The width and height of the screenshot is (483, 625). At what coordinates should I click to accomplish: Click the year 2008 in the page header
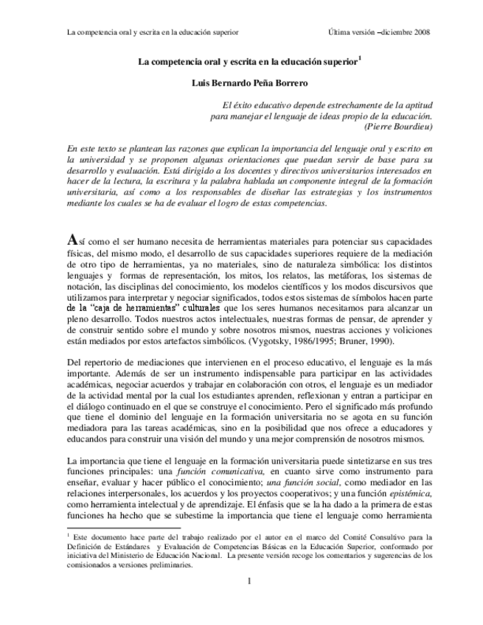coord(421,32)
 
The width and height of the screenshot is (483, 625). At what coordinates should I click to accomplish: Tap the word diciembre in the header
coord(391,32)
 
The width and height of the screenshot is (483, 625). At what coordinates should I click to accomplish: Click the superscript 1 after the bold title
coord(359,60)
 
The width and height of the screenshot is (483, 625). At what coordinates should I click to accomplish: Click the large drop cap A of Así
coord(72,240)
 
